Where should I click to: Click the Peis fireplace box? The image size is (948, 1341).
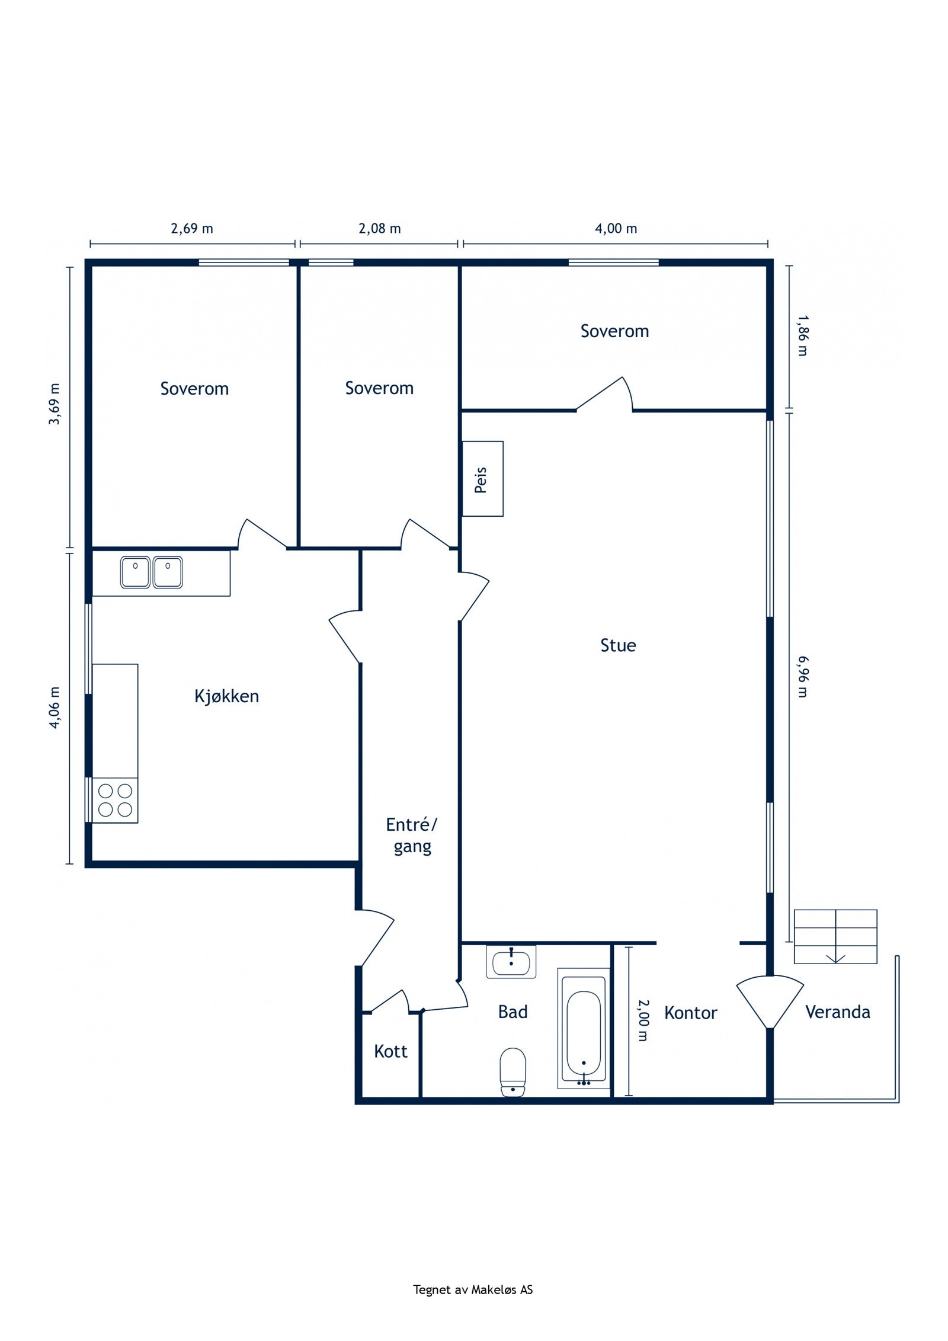tap(482, 479)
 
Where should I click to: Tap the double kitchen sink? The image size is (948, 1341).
tap(151, 572)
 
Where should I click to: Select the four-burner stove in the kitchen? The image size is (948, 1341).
tap(115, 800)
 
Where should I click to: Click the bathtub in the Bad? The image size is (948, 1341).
tap(584, 1029)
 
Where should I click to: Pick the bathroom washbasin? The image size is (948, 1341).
tap(511, 962)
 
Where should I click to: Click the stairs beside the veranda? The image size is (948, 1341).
tap(835, 937)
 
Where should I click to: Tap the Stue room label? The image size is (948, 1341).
tap(618, 645)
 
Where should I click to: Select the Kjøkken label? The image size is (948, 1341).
tap(226, 696)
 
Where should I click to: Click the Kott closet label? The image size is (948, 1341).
tap(390, 1052)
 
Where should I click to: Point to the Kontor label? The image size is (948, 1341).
tap(690, 1013)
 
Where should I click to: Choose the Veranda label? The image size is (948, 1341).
tap(837, 1012)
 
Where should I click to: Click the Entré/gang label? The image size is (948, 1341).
tap(412, 836)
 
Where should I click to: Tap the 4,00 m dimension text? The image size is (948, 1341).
tap(616, 229)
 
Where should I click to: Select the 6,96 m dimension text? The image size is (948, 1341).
tap(802, 676)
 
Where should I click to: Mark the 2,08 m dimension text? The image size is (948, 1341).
tap(379, 229)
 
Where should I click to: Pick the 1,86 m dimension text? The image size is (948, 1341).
tap(802, 335)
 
